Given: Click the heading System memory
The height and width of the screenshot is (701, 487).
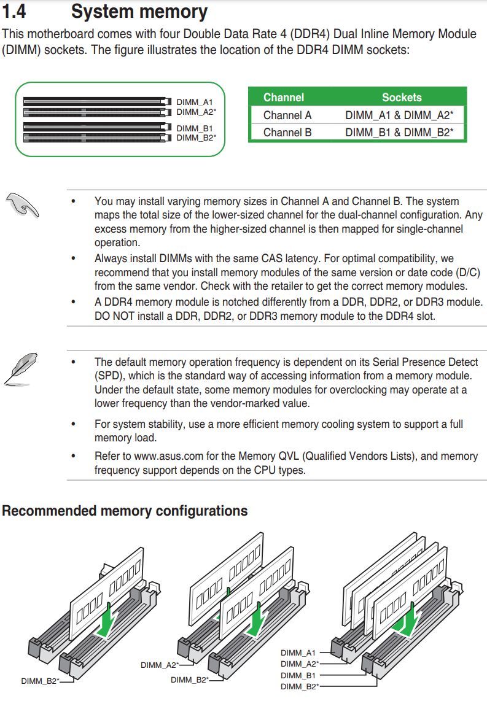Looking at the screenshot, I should coord(139,11).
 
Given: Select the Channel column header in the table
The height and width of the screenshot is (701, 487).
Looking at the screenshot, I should coord(283,97).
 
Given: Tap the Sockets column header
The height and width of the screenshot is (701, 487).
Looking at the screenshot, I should coord(402,97).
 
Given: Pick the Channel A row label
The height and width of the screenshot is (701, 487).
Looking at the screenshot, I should coord(287,115).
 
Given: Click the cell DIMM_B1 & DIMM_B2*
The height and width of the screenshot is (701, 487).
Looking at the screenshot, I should coord(399,132).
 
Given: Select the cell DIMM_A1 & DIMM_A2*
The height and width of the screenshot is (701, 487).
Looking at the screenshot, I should coord(399,115).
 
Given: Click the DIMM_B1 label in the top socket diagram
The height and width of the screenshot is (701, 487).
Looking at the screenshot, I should coord(194,128).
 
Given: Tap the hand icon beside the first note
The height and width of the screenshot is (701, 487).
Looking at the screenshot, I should coord(23,204).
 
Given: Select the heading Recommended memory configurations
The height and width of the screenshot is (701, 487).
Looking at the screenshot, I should coord(125,511).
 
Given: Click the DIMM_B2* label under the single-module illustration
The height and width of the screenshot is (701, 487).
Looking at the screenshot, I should coord(39,681).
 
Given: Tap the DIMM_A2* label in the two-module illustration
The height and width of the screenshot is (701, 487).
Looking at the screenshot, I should coord(159,665).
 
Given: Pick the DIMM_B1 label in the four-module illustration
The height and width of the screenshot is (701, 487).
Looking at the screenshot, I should coord(298,675).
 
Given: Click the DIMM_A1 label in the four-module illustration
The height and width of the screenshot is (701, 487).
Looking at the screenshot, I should coord(298,653).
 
